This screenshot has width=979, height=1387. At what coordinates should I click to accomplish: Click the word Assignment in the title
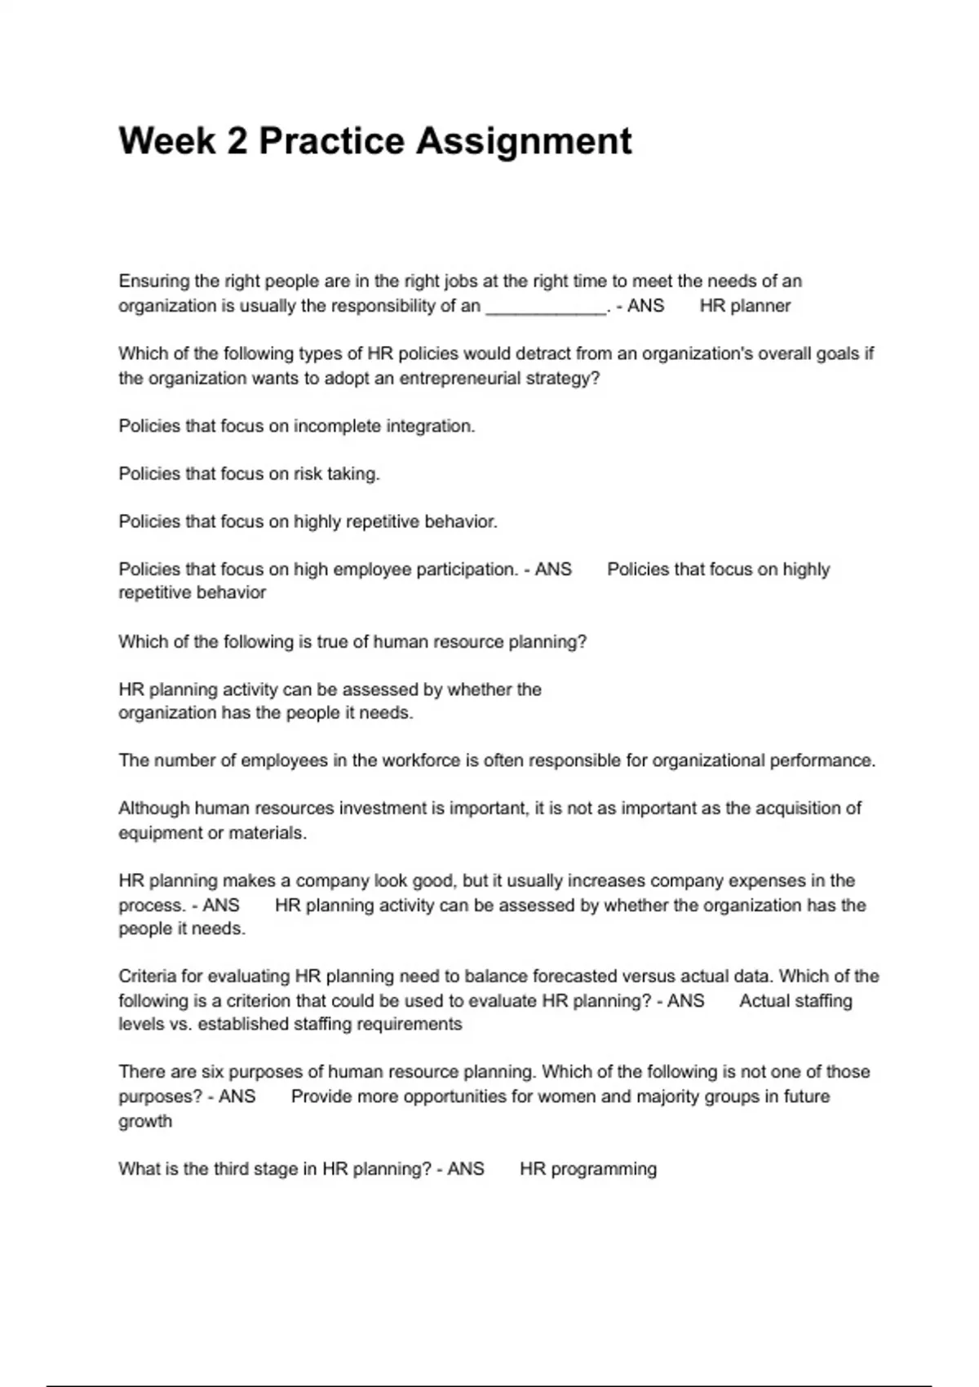click(524, 141)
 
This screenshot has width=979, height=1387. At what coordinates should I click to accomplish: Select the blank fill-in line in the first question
click(546, 307)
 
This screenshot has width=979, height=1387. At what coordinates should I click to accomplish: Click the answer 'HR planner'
click(745, 306)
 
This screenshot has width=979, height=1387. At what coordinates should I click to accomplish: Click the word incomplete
click(336, 426)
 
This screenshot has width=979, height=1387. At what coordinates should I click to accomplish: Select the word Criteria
click(150, 977)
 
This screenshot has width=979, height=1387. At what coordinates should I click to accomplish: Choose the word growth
click(145, 1121)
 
